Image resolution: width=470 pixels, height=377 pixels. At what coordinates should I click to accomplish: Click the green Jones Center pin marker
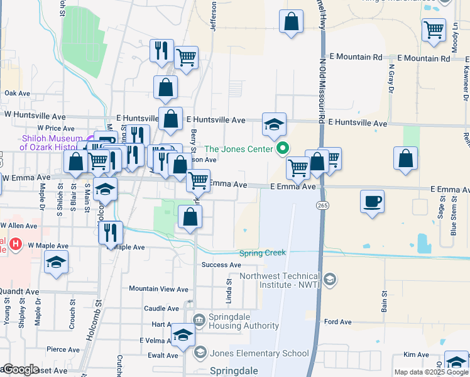click(283, 149)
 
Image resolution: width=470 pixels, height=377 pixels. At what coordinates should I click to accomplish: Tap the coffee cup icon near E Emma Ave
click(372, 202)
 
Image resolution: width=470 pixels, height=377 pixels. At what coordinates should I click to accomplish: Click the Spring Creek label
click(262, 253)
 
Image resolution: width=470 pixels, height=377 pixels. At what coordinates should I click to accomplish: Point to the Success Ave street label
click(221, 265)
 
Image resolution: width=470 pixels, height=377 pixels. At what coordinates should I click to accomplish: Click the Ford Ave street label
click(338, 322)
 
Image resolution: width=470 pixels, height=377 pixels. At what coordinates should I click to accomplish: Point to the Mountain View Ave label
click(158, 290)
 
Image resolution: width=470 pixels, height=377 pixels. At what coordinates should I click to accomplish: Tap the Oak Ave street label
click(18, 93)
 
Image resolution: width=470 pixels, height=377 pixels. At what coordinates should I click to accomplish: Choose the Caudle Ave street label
click(161, 309)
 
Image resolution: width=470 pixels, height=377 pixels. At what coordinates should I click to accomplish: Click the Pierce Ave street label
click(62, 349)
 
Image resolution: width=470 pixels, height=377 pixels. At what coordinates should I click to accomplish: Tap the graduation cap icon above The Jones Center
click(275, 124)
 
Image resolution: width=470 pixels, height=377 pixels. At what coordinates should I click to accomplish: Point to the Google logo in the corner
click(21, 370)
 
